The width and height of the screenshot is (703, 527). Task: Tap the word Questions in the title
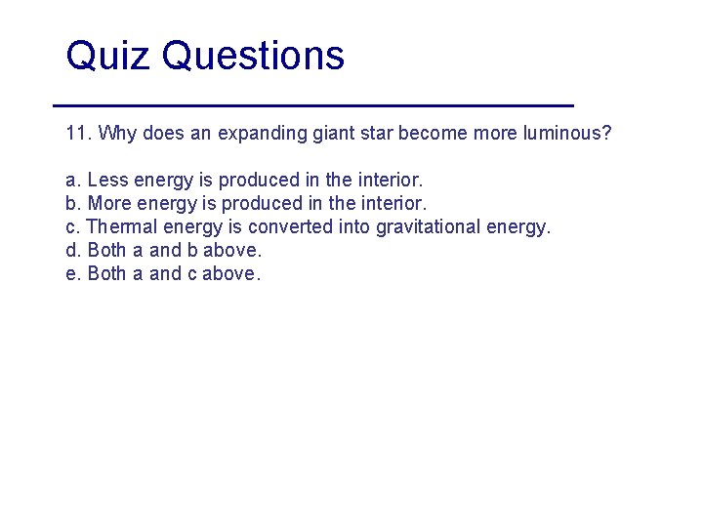(x=253, y=57)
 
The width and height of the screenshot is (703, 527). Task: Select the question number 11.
(x=77, y=133)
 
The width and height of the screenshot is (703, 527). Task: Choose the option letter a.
(x=70, y=181)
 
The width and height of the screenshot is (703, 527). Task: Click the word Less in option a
(x=107, y=181)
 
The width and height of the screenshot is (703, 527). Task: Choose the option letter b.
(x=70, y=204)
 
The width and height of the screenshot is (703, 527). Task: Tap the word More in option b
(x=109, y=204)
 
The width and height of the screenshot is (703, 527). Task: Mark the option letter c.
(x=70, y=227)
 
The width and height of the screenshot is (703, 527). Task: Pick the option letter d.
(x=70, y=251)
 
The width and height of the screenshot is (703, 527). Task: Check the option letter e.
(x=70, y=274)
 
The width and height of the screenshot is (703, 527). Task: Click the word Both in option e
(x=106, y=274)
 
